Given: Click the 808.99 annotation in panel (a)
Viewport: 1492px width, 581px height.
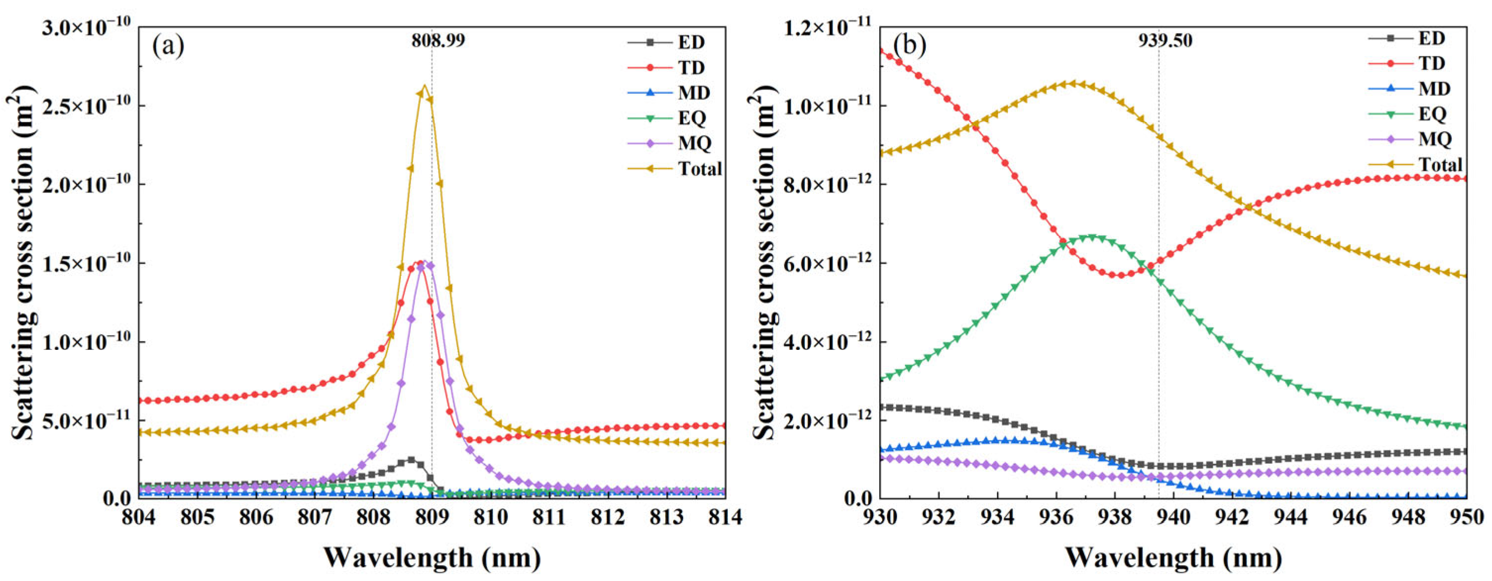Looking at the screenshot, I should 438,41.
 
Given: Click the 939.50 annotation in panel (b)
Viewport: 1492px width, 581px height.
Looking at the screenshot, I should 1166,41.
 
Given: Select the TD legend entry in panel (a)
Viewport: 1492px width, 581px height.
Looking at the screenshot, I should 691,68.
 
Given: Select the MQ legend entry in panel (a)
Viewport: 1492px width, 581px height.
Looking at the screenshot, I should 695,143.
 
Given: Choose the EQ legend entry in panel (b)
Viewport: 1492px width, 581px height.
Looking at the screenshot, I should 1432,114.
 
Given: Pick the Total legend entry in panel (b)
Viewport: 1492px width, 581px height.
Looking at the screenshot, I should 1440,164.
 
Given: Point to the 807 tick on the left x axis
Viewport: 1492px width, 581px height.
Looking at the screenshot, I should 314,517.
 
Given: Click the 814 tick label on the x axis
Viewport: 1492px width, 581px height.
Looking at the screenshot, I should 725,517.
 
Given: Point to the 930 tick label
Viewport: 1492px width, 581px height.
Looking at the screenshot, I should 880,517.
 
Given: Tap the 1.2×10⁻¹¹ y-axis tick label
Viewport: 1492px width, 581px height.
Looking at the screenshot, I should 828,27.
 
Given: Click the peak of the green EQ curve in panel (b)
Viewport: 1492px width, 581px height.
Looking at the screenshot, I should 1092,237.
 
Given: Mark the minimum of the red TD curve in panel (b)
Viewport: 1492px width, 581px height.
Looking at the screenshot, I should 1119,275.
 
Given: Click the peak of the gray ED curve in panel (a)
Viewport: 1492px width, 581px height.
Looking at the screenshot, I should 411,459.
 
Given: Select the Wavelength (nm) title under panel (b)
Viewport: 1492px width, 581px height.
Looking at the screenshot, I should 1173,558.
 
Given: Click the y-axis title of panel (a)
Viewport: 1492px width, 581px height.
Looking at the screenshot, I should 23,261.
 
